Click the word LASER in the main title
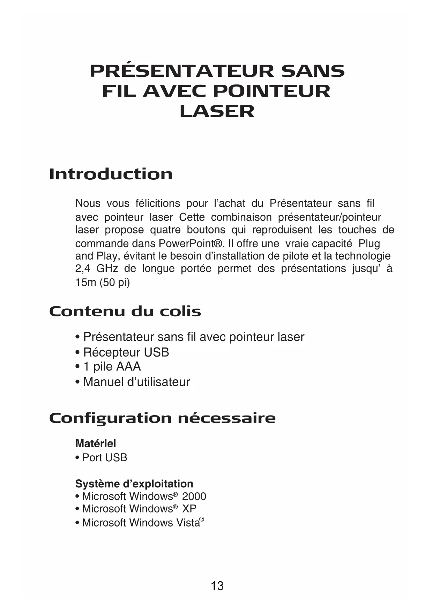pyautogui.click(x=217, y=111)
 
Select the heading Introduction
pyautogui.click(x=111, y=174)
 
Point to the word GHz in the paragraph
pyautogui.click(x=107, y=269)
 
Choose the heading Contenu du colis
pyautogui.click(x=125, y=311)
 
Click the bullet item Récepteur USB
pyautogui.click(x=126, y=352)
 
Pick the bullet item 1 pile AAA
pyautogui.click(x=112, y=367)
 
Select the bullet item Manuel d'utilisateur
pyautogui.click(x=136, y=382)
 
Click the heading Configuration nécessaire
pyautogui.click(x=162, y=418)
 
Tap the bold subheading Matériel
pyautogui.click(x=96, y=444)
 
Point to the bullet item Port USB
pyautogui.click(x=104, y=458)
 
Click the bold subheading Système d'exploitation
pyautogui.click(x=134, y=484)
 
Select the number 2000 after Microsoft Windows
pyautogui.click(x=194, y=497)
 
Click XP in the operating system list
pyautogui.click(x=189, y=509)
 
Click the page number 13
pyautogui.click(x=217, y=586)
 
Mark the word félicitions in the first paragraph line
pyautogui.click(x=157, y=203)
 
